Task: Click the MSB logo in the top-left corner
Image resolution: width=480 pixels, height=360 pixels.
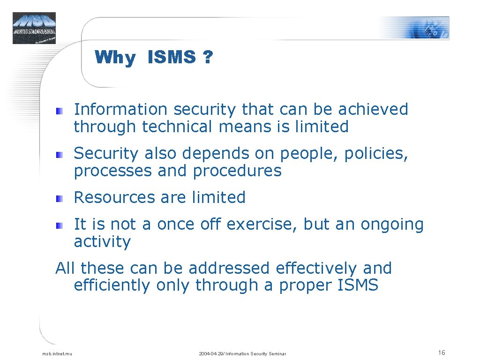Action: pyautogui.click(x=34, y=28)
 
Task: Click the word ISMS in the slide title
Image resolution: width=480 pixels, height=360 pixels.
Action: pyautogui.click(x=172, y=58)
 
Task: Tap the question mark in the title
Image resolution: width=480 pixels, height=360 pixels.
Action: pyautogui.click(x=207, y=58)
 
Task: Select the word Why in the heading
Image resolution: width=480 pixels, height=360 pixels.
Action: pyautogui.click(x=115, y=58)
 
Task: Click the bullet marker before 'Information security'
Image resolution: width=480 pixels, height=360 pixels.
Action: pyautogui.click(x=59, y=111)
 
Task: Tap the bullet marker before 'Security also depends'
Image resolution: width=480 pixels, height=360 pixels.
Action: pyautogui.click(x=59, y=155)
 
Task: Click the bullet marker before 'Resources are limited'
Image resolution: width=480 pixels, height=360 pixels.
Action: pyautogui.click(x=59, y=199)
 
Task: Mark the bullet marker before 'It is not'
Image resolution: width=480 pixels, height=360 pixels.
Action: pyautogui.click(x=59, y=226)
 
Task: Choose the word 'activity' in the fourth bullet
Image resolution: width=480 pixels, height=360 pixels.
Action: pyautogui.click(x=102, y=242)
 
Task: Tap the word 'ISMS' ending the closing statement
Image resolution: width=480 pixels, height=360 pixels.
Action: pyautogui.click(x=358, y=285)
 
